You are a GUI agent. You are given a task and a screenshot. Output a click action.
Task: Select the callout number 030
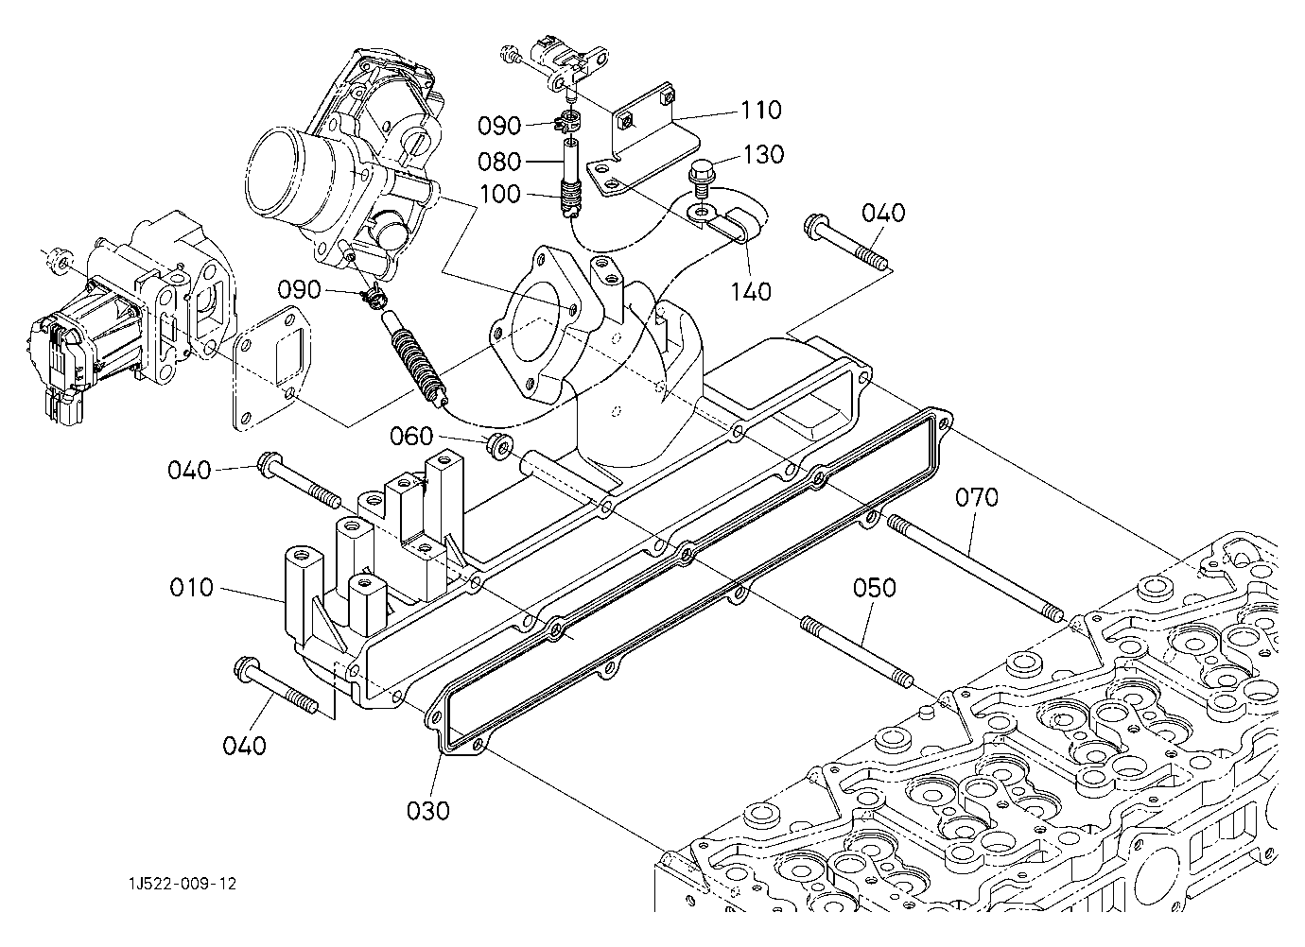coord(428,810)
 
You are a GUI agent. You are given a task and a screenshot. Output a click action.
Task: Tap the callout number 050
coord(874,588)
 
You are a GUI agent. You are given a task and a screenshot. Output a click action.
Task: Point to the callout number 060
coord(412,437)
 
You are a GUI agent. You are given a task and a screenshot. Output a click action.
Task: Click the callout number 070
coord(975,497)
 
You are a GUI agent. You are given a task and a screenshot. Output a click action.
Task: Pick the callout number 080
coord(499,161)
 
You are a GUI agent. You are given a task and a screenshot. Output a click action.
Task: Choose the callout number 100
coord(499,195)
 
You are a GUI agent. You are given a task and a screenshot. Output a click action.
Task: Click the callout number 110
coord(761,112)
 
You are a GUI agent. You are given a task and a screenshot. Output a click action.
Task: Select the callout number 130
coord(763,154)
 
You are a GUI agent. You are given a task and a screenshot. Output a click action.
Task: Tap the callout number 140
coord(751,292)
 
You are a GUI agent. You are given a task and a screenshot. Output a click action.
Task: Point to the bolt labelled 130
coord(702,177)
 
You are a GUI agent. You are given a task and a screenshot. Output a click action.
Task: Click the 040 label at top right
coord(883,214)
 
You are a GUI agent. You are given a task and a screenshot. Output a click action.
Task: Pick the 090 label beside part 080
coord(499,127)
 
